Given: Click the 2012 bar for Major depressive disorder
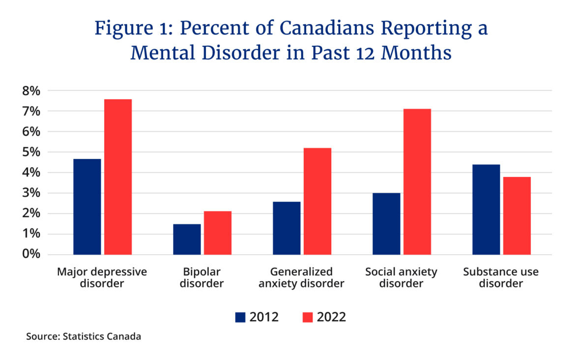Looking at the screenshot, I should [87, 207].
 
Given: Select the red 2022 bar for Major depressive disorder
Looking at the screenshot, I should [117, 177].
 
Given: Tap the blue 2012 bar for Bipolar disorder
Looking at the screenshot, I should [187, 240].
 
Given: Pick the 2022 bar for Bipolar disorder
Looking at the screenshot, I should [218, 233].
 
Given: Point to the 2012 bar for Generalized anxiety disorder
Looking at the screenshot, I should [287, 228].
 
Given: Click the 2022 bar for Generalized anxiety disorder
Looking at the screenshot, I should [317, 201].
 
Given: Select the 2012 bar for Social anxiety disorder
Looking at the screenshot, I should [386, 224].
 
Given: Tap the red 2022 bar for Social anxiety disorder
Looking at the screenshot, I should [417, 181].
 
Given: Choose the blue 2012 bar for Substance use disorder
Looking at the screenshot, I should [486, 210].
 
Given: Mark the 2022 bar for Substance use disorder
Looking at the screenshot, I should [517, 215].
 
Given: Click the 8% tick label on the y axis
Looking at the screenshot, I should [30, 91].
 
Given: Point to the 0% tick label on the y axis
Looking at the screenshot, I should [30, 254].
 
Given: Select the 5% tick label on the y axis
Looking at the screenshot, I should [30, 152].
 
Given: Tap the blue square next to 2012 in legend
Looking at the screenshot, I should [240, 317].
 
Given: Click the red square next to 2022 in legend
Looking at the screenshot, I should [308, 317].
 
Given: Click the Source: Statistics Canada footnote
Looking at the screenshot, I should [84, 337].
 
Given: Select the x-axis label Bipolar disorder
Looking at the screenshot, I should [202, 278].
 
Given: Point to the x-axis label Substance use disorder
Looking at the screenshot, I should [501, 278].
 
